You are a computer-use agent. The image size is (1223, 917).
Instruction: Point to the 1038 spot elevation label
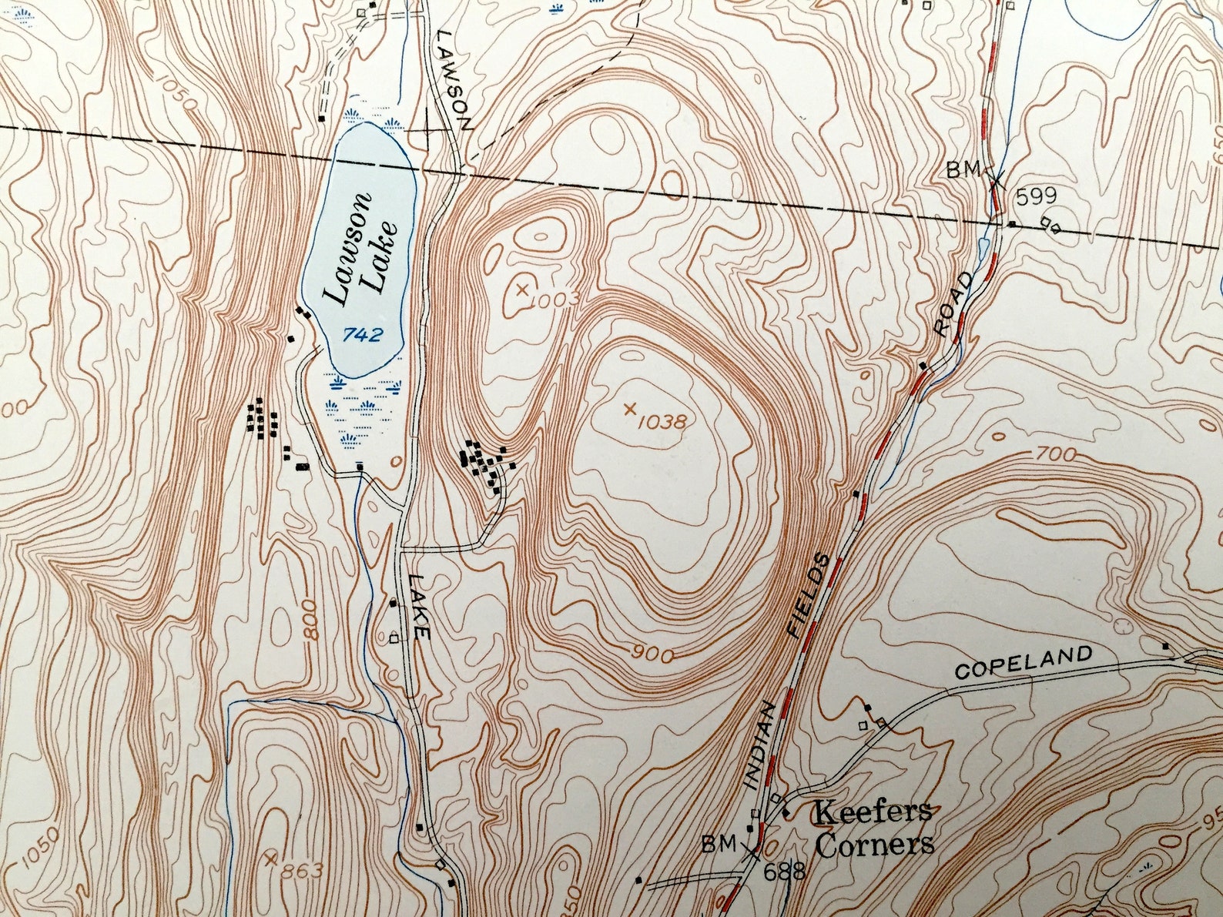[661, 420]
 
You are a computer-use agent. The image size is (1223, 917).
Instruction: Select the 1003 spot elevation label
[554, 300]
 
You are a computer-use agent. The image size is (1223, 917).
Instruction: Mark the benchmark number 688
[784, 872]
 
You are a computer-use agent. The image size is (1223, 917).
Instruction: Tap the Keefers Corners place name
[874, 828]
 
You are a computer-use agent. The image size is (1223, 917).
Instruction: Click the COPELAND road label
[1024, 662]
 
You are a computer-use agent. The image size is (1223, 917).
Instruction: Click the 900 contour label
[654, 654]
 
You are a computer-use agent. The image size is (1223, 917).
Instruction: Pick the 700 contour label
[1054, 456]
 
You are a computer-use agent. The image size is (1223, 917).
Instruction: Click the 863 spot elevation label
[301, 872]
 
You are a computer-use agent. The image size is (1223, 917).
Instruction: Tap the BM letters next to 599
[963, 169]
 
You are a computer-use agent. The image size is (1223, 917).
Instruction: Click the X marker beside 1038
[630, 409]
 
